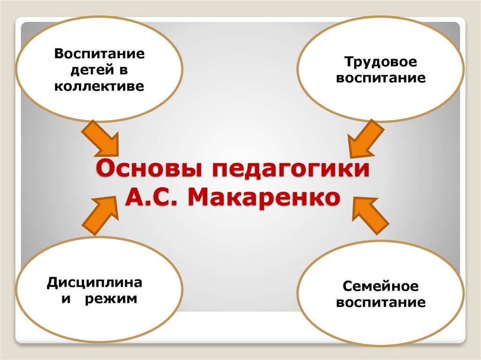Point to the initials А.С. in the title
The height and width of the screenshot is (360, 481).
point(153,198)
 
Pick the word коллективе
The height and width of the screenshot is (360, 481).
point(99,86)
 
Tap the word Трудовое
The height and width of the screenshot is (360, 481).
point(381,62)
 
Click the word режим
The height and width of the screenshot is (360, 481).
point(111,299)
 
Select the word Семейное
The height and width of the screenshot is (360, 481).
point(380,286)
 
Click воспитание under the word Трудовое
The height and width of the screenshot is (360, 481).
point(381,78)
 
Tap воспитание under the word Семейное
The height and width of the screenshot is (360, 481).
point(381,302)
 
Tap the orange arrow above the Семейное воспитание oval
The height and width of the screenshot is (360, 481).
point(371,214)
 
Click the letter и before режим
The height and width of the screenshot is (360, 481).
point(65,299)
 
